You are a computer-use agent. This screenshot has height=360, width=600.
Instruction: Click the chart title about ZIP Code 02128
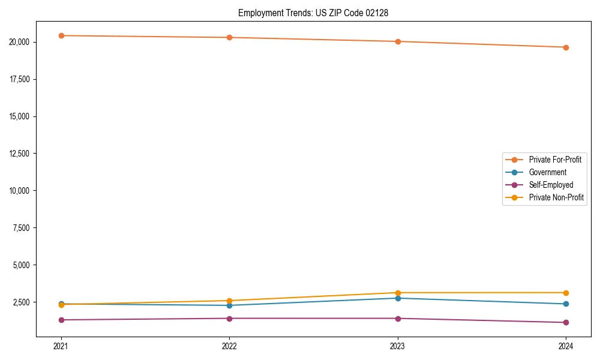(x=313, y=13)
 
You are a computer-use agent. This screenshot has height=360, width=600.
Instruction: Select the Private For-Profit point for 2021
(x=61, y=35)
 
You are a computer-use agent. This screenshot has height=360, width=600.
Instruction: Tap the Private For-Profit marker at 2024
(x=566, y=47)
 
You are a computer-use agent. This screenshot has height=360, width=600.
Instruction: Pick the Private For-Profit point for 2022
(x=229, y=37)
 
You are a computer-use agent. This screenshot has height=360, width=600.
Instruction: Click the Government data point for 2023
(x=398, y=298)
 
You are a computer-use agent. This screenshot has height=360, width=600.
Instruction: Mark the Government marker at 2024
(x=566, y=304)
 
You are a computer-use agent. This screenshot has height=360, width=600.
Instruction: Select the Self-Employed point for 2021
(x=61, y=320)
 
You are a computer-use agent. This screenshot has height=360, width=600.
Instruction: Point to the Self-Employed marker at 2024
(x=566, y=322)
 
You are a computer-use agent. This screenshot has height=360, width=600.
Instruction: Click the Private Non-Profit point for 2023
(x=398, y=293)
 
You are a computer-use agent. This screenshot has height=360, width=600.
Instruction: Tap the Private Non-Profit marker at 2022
(x=229, y=301)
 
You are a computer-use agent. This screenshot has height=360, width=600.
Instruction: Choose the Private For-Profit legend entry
(x=555, y=160)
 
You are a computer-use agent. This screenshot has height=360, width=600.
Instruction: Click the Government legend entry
(x=547, y=172)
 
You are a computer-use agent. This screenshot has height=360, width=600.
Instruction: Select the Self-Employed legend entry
(x=551, y=185)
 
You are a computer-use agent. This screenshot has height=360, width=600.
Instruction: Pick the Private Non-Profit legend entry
(x=556, y=197)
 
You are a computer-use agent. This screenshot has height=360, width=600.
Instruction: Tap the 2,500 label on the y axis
(x=25, y=302)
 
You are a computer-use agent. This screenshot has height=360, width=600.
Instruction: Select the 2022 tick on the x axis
(x=229, y=346)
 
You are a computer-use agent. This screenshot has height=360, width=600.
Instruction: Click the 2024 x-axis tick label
(x=566, y=346)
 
